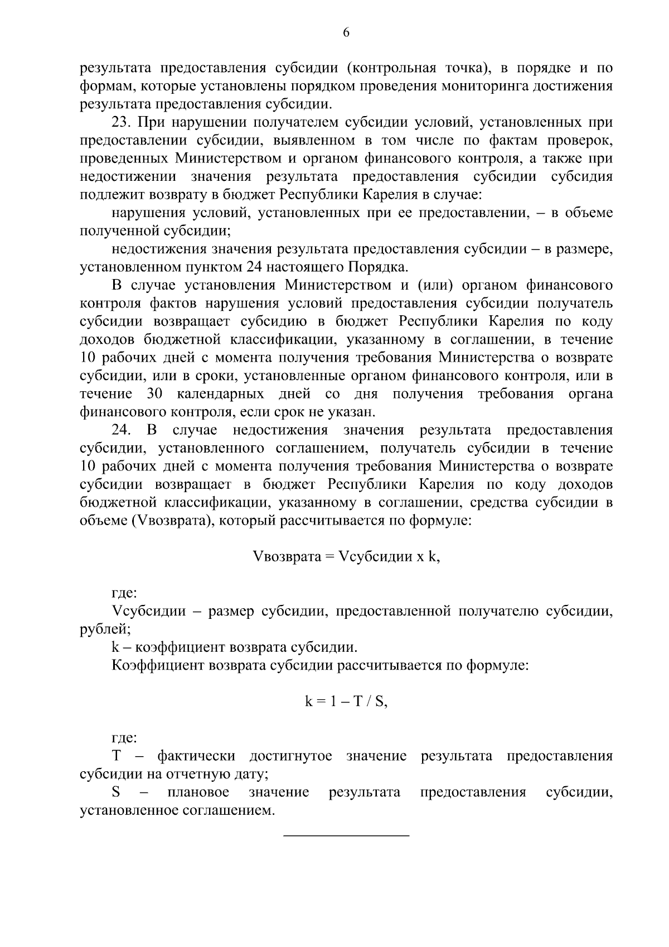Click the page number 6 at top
[346, 33]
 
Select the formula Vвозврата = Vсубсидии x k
[346, 557]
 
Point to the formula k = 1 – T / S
[346, 702]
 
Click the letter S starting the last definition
[117, 792]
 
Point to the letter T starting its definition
[117, 756]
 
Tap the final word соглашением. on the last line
[229, 810]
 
